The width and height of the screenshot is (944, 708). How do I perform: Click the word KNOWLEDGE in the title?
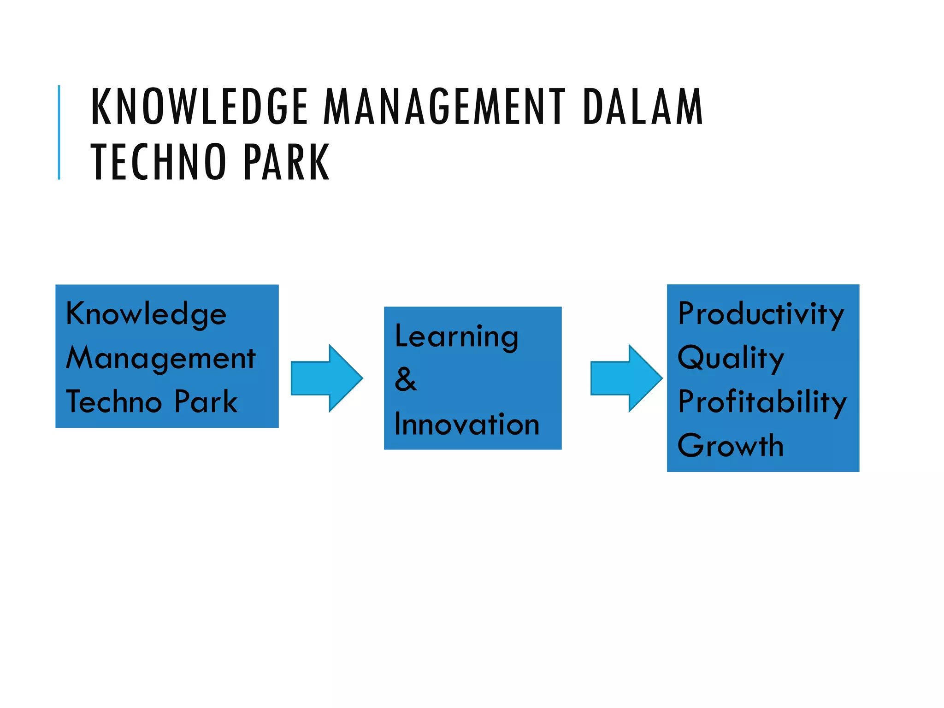199,107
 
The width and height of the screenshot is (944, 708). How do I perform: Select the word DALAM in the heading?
643,107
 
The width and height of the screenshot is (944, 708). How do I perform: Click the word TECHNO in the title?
158,162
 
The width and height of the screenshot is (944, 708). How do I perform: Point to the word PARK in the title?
286,162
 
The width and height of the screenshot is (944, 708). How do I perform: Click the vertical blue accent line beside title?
59,132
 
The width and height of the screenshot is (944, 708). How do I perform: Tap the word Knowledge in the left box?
146,314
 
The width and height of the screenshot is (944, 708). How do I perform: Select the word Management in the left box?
160,359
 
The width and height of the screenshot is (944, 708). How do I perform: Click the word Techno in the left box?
113,401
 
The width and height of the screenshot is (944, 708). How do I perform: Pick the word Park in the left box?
206,401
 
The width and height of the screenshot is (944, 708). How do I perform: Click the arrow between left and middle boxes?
325,378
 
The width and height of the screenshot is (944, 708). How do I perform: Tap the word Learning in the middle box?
456,336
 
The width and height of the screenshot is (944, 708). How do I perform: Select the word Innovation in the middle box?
466,424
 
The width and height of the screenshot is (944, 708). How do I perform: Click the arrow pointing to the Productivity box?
625,378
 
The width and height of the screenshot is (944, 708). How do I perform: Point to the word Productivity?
761,314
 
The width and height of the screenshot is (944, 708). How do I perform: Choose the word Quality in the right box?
731,358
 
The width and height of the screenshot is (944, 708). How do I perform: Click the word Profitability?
762,402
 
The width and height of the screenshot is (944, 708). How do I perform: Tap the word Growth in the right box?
731,446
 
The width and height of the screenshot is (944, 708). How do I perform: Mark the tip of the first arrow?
361,378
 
